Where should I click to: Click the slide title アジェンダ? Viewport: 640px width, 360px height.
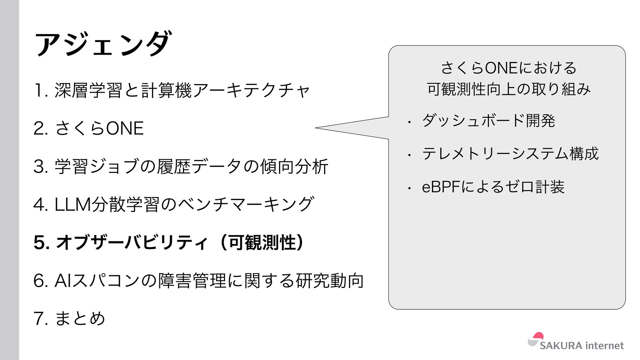point(103,44)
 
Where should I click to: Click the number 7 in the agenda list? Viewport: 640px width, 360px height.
point(38,319)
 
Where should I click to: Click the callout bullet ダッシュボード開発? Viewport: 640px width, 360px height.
point(488,120)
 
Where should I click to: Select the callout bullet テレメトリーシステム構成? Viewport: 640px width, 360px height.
point(510,154)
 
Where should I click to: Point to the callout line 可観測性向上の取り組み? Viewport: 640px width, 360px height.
point(509,89)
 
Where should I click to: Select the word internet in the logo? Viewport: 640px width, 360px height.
point(605,346)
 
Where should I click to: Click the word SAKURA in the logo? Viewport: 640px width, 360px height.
point(561,346)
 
